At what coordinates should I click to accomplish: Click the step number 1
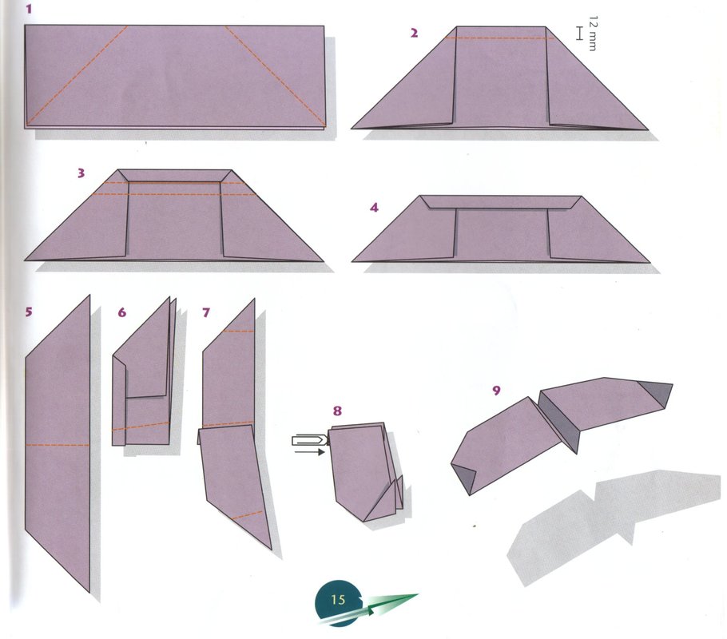(30, 9)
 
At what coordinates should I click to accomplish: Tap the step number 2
(414, 33)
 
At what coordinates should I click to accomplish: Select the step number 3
(81, 173)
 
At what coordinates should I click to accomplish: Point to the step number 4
(374, 208)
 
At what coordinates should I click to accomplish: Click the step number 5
(29, 312)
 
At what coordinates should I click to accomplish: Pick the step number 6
(122, 313)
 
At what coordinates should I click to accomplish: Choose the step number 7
(206, 313)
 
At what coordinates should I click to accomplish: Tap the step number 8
(337, 411)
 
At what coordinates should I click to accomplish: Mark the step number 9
(497, 391)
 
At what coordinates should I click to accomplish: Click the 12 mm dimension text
(593, 34)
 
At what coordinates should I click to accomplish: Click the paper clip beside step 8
(310, 439)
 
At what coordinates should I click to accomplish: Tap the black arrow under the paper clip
(310, 450)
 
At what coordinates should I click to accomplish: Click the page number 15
(338, 600)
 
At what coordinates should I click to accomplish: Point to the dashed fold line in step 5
(58, 446)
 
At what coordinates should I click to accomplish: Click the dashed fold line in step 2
(499, 38)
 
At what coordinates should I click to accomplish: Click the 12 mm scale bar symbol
(578, 34)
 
